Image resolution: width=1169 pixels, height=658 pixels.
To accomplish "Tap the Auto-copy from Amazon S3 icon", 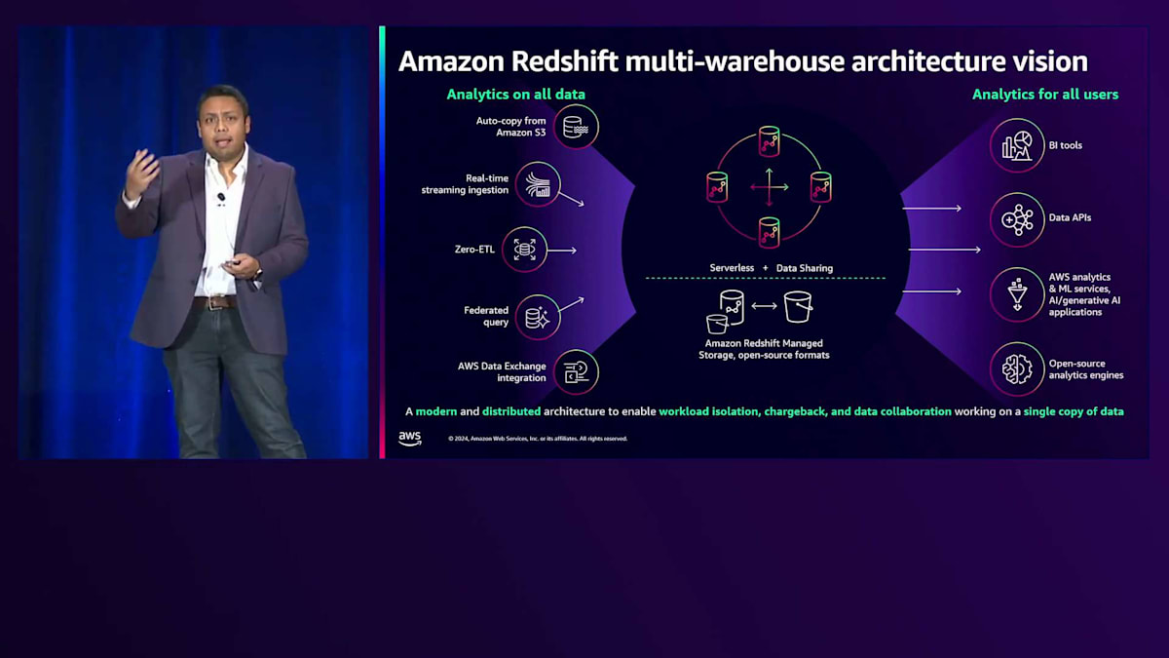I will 575,127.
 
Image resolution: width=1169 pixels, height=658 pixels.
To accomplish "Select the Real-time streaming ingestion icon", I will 538,183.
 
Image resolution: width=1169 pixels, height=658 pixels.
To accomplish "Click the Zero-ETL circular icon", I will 524,251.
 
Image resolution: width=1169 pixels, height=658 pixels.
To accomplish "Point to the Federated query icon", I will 538,316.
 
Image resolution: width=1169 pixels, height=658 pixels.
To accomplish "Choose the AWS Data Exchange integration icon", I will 575,371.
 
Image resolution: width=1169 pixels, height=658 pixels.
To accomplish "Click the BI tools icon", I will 1017,145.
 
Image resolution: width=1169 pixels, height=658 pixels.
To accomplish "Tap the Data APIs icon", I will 1017,218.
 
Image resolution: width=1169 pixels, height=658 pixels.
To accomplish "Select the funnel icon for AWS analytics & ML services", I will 1017,294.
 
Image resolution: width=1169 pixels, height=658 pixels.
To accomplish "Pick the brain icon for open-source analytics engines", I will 1017,368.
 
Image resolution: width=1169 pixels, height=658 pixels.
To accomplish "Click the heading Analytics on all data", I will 515,95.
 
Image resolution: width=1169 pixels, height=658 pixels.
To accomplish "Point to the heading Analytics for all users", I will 1044,95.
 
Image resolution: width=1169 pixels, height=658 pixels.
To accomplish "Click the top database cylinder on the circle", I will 770,141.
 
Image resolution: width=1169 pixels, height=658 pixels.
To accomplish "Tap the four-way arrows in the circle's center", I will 770,186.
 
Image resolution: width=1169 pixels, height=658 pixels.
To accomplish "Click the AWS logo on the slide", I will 410,438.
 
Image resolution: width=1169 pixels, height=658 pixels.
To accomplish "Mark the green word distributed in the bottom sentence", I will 510,411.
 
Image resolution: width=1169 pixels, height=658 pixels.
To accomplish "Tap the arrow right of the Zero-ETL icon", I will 563,251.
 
